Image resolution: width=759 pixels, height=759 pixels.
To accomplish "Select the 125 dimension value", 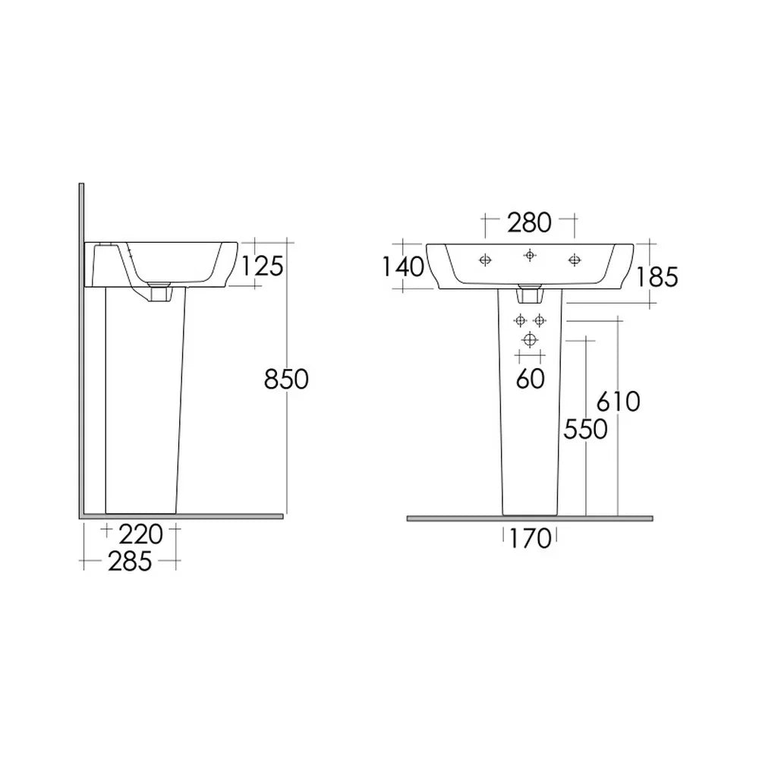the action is pos(262,266).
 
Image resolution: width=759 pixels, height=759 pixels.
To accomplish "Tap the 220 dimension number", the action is pos(141,534).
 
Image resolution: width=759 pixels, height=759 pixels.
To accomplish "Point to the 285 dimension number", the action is pos(130,562).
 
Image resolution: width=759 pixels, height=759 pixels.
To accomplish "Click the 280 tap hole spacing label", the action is pos(529,222).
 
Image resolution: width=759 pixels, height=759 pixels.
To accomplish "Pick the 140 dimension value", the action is pos(403,266).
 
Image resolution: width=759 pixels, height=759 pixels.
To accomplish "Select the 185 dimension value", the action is pos(657,277).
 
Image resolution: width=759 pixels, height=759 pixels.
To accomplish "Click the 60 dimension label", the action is pos(530,379).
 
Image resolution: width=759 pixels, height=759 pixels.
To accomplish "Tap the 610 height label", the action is pos(618,402).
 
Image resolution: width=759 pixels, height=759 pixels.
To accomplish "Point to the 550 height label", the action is pos(585,430).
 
